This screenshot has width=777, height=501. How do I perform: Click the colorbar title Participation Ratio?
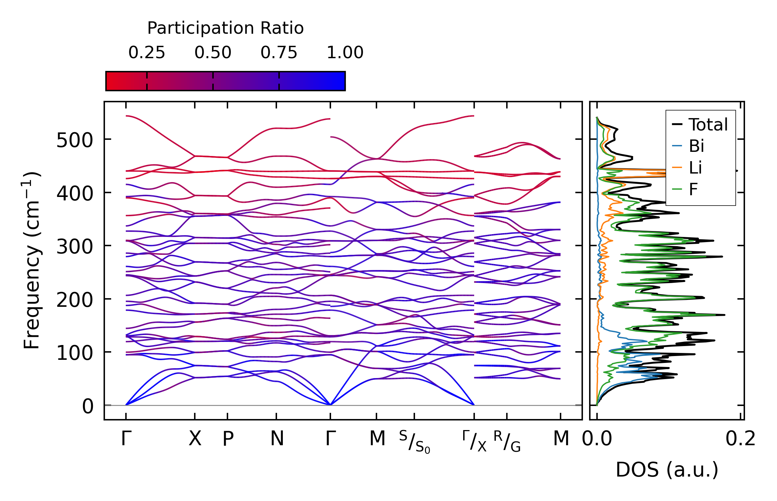pyautogui.click(x=225, y=28)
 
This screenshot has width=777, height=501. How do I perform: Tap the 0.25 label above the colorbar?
pyautogui.click(x=147, y=53)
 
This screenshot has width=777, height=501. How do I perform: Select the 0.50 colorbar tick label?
pyautogui.click(x=213, y=53)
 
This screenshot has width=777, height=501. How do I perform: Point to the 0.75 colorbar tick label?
pyautogui.click(x=279, y=53)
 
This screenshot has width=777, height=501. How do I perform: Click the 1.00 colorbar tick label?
pyautogui.click(x=345, y=53)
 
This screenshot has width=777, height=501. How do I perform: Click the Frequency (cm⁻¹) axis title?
pyautogui.click(x=32, y=260)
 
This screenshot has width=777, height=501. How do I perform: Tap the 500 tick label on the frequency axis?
pyautogui.click(x=74, y=140)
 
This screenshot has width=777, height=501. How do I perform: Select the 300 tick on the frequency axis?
pyautogui.click(x=74, y=247)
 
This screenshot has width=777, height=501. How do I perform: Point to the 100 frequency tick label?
pyautogui.click(x=74, y=353)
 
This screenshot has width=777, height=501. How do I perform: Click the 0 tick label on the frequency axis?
pyautogui.click(x=87, y=406)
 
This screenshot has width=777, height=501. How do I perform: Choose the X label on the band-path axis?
pyautogui.click(x=195, y=439)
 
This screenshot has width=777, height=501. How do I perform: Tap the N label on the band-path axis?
pyautogui.click(x=277, y=439)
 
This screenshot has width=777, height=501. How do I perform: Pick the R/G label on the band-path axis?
pyautogui.click(x=507, y=441)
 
